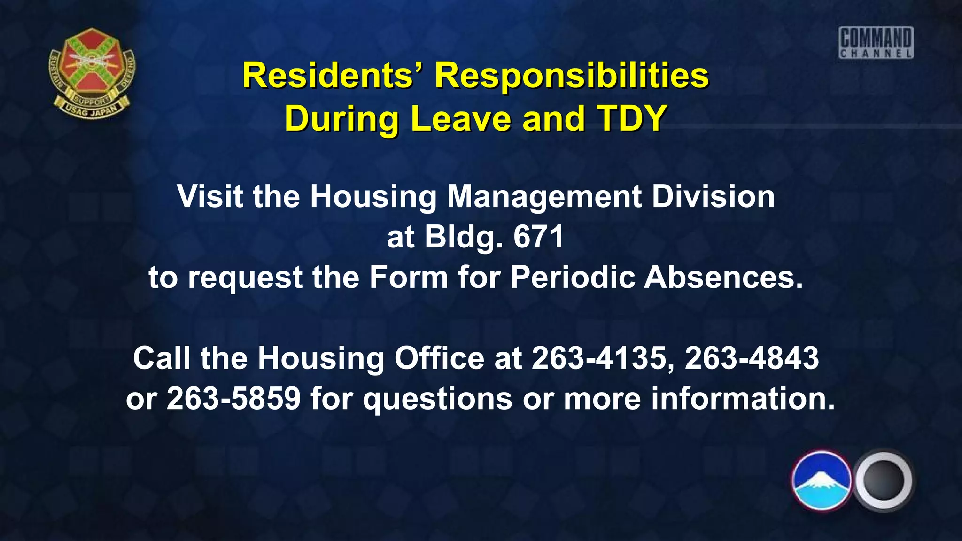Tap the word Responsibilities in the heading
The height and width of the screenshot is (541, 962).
(x=571, y=76)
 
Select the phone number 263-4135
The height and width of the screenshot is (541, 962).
(x=599, y=358)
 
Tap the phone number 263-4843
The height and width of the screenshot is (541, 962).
(x=752, y=358)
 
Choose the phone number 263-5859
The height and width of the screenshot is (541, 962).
(x=233, y=398)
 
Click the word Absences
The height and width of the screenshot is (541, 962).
(x=723, y=277)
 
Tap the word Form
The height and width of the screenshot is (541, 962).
(x=408, y=277)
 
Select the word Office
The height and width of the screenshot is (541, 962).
(x=439, y=358)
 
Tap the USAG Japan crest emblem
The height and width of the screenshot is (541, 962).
(x=92, y=73)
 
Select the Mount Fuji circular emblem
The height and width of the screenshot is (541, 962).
(x=821, y=480)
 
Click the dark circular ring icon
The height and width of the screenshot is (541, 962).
(x=883, y=480)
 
